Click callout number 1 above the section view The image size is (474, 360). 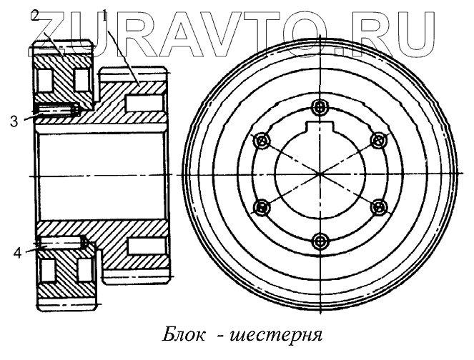pyautogui.click(x=105, y=14)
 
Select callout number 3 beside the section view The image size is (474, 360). pyautogui.click(x=14, y=121)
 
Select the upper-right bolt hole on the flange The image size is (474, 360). pyautogui.click(x=378, y=141)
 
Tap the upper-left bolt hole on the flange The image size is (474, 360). pyautogui.click(x=262, y=141)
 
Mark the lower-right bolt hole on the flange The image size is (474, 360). pyautogui.click(x=378, y=208)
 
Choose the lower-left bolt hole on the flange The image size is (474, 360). pyautogui.click(x=262, y=208)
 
